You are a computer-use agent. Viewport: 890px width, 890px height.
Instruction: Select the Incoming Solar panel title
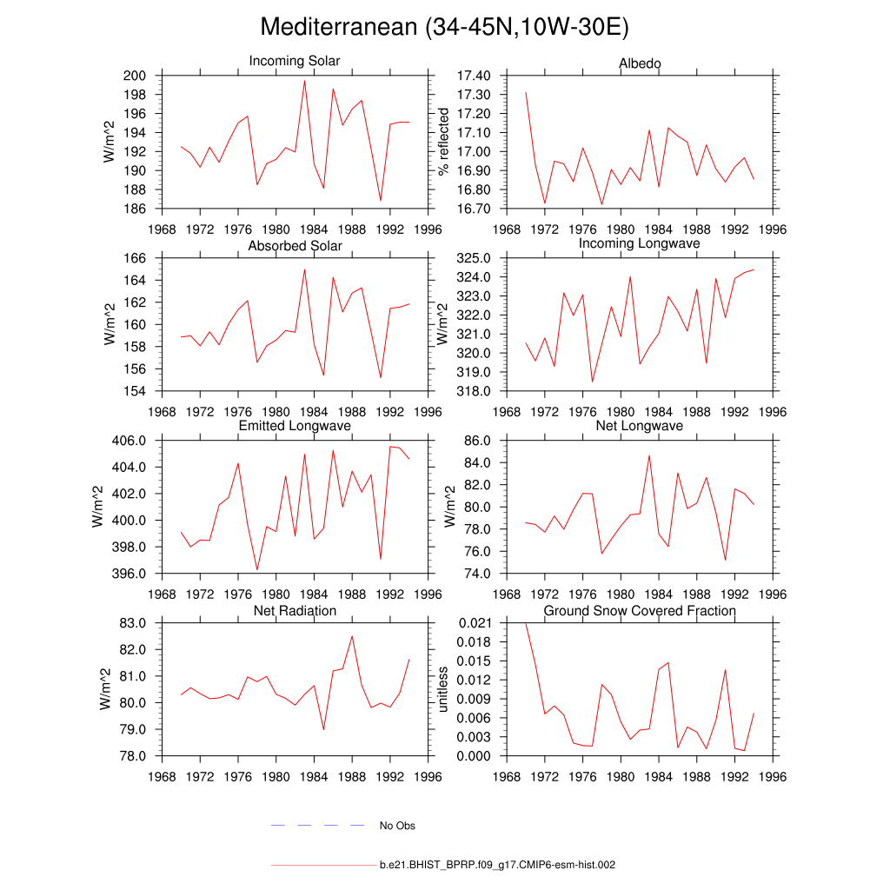[x=295, y=62]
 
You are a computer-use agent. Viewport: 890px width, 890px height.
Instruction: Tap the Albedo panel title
[x=640, y=64]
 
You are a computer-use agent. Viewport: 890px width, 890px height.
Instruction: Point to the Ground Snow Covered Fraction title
[x=640, y=611]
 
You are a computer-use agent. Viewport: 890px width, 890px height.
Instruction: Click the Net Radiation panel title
[x=295, y=611]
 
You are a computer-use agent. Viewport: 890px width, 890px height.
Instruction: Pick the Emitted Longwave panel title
[x=295, y=426]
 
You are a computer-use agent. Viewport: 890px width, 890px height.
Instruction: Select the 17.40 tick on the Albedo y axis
[x=471, y=76]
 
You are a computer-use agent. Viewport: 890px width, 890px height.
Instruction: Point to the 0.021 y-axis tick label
[x=473, y=623]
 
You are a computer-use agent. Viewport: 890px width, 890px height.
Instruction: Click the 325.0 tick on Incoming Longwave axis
[x=473, y=258]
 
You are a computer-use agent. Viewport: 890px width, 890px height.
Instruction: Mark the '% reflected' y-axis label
[x=444, y=142]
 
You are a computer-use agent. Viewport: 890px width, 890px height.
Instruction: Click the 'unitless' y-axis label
[x=444, y=689]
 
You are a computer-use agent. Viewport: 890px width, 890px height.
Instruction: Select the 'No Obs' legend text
[x=397, y=826]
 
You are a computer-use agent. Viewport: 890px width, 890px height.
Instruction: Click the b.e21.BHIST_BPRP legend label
[x=497, y=866]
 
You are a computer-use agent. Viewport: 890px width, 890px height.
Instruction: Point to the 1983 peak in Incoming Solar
[x=304, y=81]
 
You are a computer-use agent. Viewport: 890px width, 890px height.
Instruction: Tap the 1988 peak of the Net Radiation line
[x=352, y=636]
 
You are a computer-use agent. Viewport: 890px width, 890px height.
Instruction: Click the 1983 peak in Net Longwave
[x=648, y=455]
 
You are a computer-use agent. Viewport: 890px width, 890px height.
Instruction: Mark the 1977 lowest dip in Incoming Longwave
[x=592, y=382]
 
